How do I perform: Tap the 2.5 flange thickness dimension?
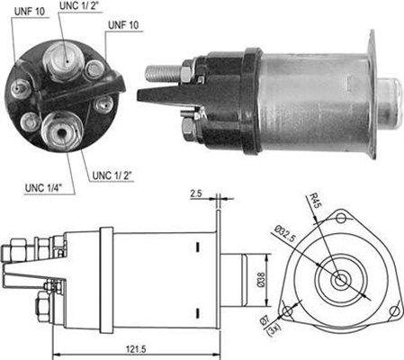click(x=195, y=193)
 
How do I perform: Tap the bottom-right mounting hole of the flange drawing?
click(x=393, y=310)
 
